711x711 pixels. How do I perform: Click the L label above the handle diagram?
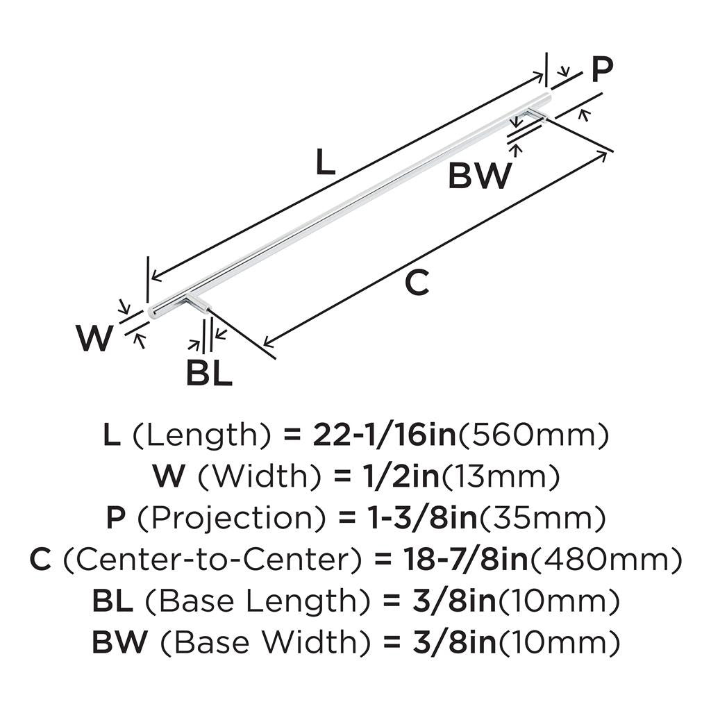[325, 162]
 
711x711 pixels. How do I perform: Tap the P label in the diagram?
[602, 69]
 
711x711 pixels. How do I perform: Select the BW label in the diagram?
[480, 176]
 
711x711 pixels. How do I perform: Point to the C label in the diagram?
[417, 284]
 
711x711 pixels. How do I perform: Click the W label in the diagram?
[94, 339]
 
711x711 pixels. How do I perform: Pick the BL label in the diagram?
[209, 374]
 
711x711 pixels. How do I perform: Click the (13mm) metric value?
[501, 477]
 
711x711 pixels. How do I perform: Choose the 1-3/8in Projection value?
[415, 519]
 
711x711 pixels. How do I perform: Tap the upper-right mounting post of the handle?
[536, 114]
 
